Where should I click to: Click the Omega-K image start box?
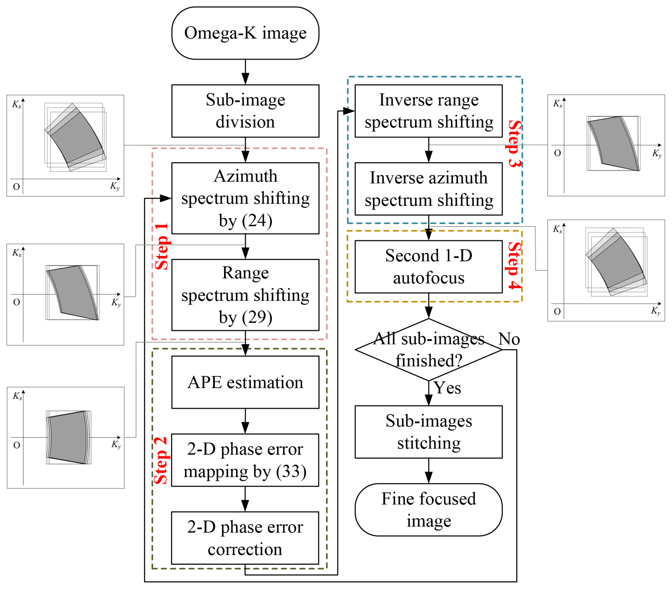point(245,33)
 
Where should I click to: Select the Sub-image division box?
point(245,111)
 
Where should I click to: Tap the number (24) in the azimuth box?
point(257,221)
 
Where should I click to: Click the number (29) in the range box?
point(257,317)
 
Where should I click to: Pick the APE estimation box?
point(245,382)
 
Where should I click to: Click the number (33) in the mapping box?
point(291,472)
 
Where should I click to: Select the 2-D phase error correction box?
point(245,538)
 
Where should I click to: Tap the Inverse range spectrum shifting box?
point(429,111)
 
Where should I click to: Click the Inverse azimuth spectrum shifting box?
point(429,189)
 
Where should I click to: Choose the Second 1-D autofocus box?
point(429,266)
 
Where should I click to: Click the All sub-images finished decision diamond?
point(429,350)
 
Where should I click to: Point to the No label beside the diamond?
point(509,339)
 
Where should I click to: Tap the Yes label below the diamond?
point(447,388)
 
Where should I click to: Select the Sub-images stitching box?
point(429,432)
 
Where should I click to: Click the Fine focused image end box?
point(429,510)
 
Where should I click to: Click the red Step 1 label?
point(162,247)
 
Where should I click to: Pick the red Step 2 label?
point(161,461)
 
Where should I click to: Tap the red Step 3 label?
point(514,144)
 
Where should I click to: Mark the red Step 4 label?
point(514,266)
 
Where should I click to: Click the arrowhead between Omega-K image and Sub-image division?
point(245,79)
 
